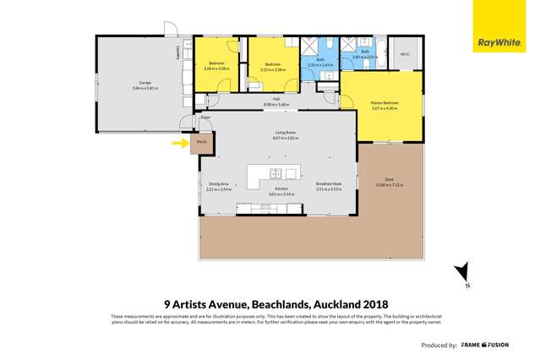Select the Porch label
point(201,143)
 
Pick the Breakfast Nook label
point(328,186)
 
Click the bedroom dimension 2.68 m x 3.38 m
point(218,68)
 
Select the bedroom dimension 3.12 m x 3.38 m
point(272,68)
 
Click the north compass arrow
point(460,272)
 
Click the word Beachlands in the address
point(270,307)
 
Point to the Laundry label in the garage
point(177,52)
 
